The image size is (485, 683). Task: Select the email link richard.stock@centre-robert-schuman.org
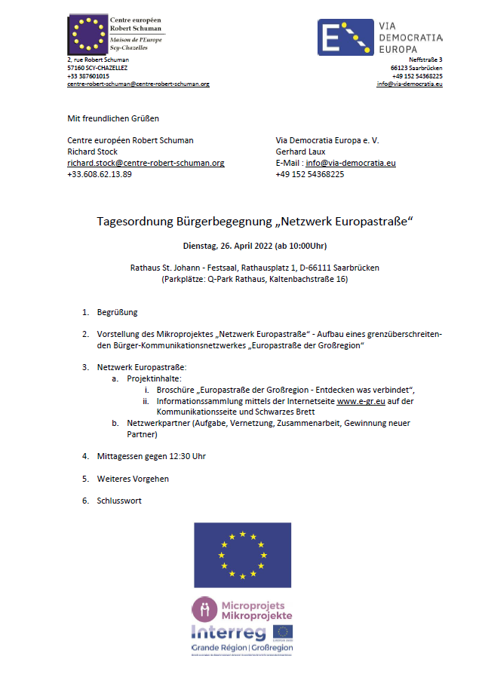146,163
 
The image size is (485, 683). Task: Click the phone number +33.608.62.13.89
100,174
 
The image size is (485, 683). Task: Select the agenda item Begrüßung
117,312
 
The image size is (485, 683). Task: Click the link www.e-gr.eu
361,401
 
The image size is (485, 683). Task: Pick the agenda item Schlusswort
119,501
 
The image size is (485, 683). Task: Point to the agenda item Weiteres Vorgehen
133,479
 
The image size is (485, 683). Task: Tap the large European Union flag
242,555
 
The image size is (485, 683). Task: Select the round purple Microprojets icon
204,608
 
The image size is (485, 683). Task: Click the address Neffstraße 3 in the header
425,60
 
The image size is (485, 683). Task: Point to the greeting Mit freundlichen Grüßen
113,118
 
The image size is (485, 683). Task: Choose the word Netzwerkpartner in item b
157,424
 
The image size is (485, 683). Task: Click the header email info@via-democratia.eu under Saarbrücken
410,84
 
